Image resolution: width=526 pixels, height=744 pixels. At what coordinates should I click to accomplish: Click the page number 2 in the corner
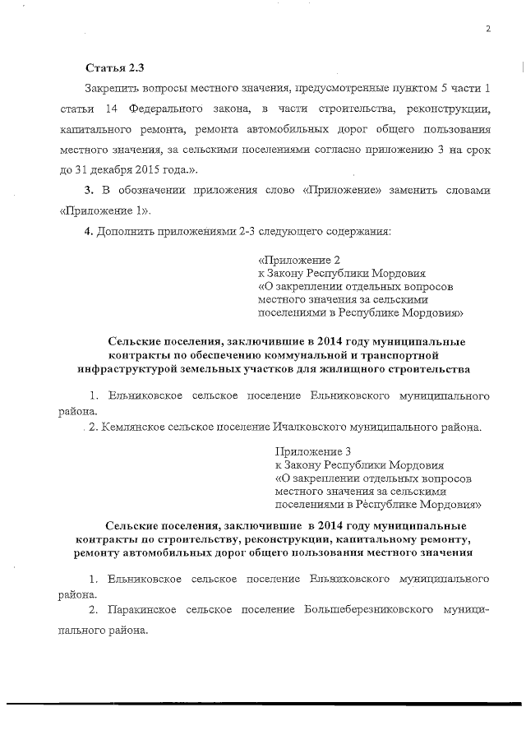click(488, 29)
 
